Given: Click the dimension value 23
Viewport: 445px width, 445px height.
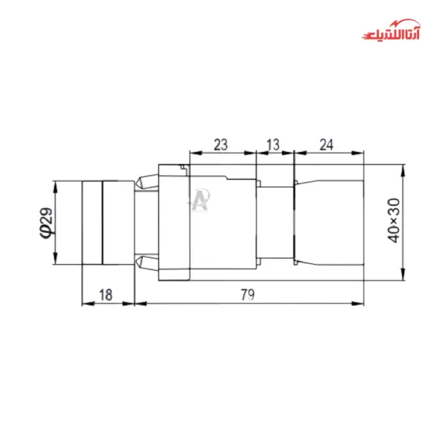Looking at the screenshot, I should [x=220, y=145].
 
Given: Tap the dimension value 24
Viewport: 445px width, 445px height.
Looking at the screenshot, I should [x=327, y=145].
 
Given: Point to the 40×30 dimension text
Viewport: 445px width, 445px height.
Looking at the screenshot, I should [x=394, y=220].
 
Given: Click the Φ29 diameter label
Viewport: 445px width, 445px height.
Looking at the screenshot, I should [x=45, y=222].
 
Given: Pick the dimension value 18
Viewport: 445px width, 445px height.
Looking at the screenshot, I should [x=106, y=294].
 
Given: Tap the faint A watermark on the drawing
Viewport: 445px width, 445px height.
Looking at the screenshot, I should [x=200, y=199].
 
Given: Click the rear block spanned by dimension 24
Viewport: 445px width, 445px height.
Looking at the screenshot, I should [x=330, y=222].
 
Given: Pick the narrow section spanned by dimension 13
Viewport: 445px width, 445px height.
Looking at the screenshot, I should [x=276, y=222].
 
